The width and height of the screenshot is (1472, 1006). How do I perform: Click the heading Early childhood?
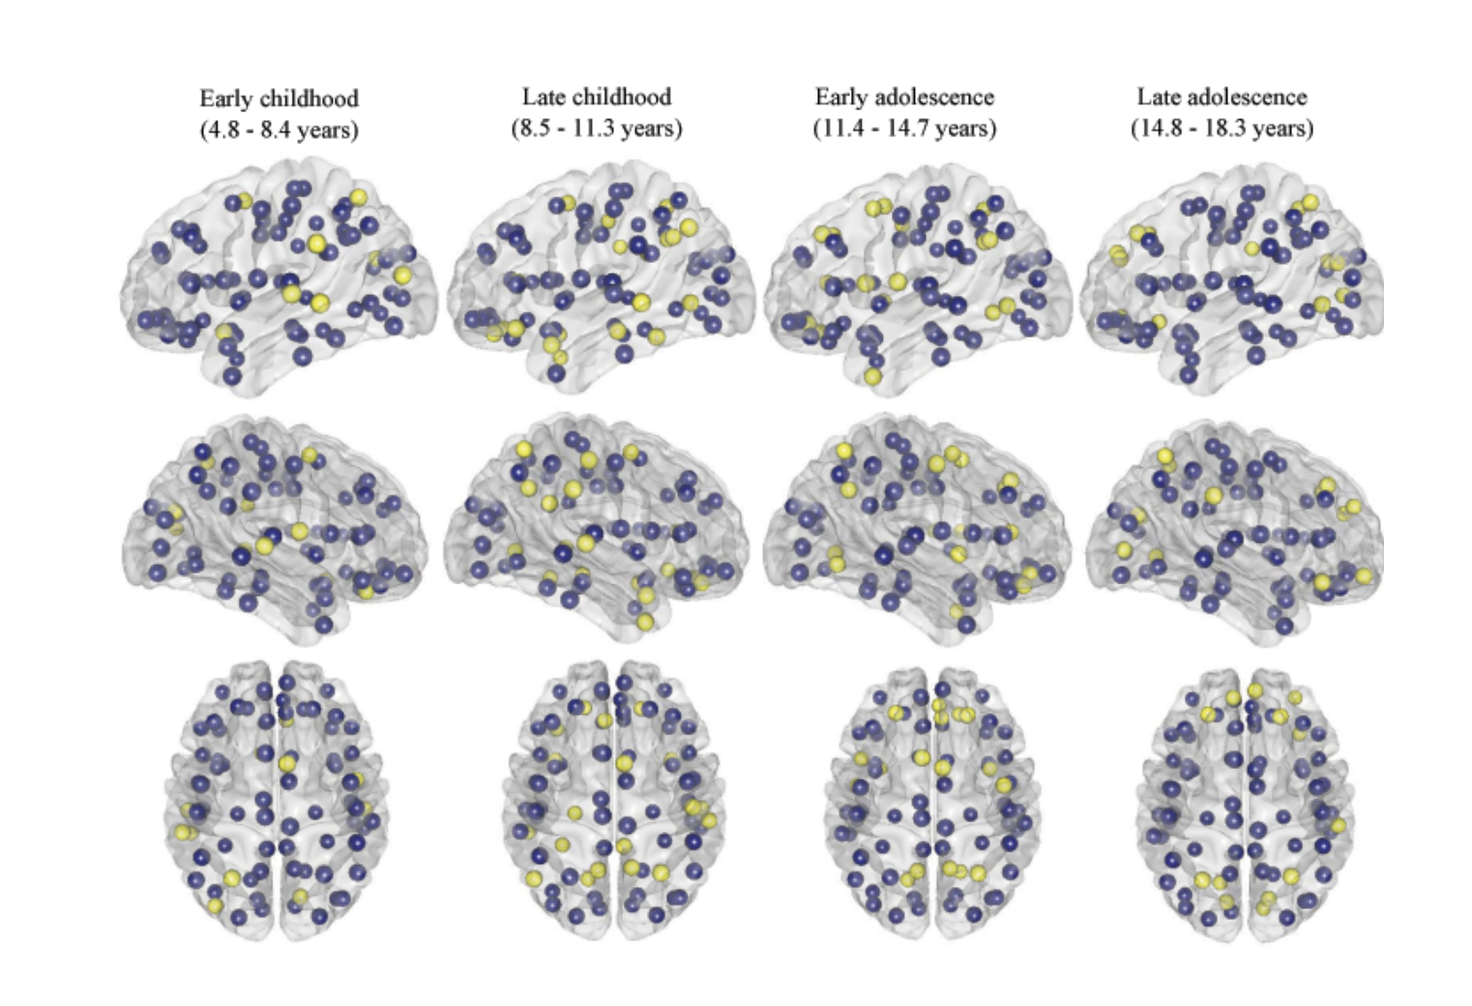pos(279,99)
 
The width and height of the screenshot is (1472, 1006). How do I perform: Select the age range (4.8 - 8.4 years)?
pos(279,130)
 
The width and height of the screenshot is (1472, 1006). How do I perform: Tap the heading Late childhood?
pos(596,97)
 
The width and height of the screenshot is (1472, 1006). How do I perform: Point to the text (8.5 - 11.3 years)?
pos(596,128)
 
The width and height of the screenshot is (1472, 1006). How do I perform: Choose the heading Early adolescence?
pos(904,97)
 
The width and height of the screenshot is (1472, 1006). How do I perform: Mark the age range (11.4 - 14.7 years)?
pos(904,128)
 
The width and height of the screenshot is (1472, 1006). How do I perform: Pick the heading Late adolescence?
pos(1222,97)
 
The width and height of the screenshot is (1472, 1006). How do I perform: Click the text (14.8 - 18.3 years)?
pos(1222,128)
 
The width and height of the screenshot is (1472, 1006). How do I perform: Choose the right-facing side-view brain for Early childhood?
pos(274,527)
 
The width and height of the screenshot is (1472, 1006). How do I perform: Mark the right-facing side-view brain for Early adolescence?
pos(915,527)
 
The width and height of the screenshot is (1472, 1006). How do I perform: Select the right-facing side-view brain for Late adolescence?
pos(1234,527)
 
